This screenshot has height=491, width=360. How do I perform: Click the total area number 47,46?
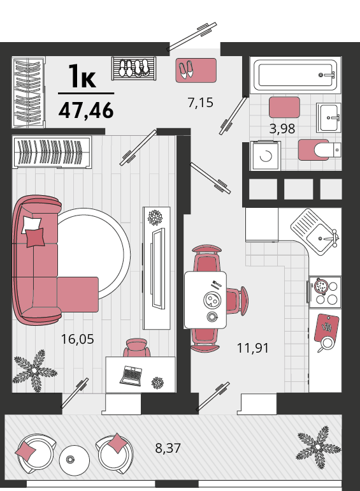point(86,110)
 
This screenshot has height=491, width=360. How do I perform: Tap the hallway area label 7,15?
point(201,103)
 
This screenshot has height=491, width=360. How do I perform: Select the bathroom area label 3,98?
point(282,128)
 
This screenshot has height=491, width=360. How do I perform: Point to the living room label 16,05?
point(77,339)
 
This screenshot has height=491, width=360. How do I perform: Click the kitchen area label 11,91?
point(253,348)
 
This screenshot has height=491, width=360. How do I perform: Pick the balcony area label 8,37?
point(168,448)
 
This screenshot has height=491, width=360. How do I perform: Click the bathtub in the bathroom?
point(295,75)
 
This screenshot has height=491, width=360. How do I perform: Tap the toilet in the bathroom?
point(319,150)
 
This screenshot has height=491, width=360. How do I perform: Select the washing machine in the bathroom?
point(265,156)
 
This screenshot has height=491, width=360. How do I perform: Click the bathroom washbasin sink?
point(328,117)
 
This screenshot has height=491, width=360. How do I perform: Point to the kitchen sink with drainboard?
point(315,231)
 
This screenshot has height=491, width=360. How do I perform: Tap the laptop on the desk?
point(131,376)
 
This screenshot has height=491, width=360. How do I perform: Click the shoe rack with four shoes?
point(134,68)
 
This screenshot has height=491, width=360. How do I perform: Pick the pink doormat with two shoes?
point(196,70)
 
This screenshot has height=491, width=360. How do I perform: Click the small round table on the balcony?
point(75,460)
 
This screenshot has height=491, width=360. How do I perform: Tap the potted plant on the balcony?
point(317,447)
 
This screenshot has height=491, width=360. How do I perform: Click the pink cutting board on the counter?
point(327,328)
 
